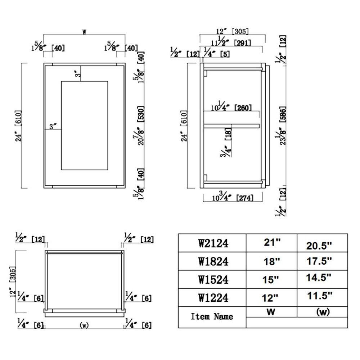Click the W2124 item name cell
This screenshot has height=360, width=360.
click(213, 243)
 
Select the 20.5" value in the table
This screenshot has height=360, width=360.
click(319, 246)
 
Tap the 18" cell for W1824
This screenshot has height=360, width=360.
click(271, 261)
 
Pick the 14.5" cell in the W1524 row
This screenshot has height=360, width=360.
click(319, 278)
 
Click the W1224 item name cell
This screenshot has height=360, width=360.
click(213, 298)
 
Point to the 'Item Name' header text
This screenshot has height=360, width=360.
click(212, 316)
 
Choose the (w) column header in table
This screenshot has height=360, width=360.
click(323, 312)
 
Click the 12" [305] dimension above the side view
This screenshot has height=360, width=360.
click(232, 31)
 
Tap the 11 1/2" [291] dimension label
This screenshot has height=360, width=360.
click(231, 41)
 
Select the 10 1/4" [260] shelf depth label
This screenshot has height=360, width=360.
click(231, 106)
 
